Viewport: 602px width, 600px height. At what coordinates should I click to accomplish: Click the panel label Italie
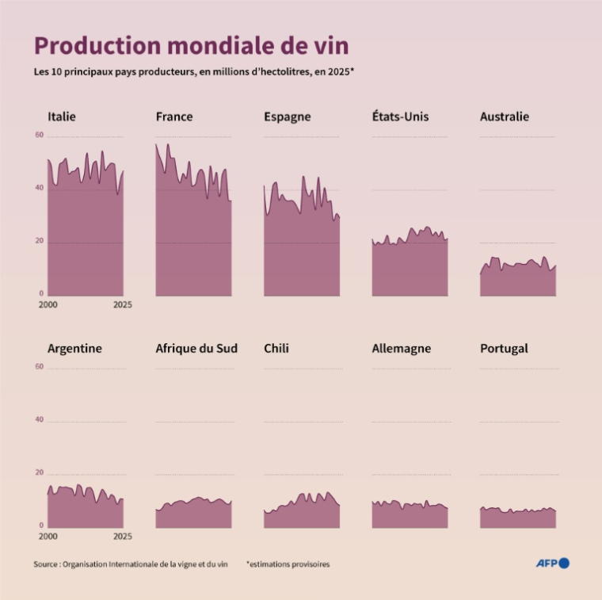pos(62,117)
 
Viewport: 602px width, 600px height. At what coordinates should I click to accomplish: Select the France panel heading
pos(174,117)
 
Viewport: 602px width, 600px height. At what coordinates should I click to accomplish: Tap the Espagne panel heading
pos(287,117)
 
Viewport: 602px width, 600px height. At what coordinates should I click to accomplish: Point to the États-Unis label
pos(400,117)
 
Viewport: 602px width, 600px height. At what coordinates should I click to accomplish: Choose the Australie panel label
pos(505,117)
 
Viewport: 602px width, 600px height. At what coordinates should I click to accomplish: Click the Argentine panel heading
pos(74,348)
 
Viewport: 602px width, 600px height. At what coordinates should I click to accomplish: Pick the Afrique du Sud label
pos(196,348)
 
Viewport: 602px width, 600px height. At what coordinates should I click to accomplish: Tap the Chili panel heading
pos(276,348)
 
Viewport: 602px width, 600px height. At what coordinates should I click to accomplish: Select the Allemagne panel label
pos(402,348)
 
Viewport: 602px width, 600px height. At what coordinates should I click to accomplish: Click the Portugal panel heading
pos(504,348)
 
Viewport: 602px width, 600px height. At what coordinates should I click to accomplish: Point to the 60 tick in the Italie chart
pos(40,136)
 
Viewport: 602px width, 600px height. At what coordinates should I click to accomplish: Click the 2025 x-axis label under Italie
pos(122,304)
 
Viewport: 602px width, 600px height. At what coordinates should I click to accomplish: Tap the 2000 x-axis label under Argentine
pos(48,536)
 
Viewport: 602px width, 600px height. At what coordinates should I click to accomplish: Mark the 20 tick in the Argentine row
pos(40,473)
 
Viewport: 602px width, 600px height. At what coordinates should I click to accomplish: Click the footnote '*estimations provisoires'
pos(288,564)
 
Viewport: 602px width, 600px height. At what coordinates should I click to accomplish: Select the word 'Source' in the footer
pos(45,564)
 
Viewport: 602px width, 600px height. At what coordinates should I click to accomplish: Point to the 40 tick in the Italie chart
pos(40,188)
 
